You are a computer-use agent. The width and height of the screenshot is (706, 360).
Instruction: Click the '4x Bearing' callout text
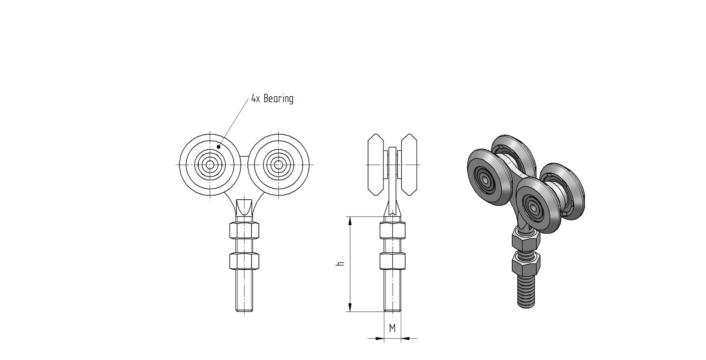coord(272,99)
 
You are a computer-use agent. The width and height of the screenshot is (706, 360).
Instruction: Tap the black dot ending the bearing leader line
coord(218,147)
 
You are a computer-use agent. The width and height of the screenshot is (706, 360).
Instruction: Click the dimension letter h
coord(341,264)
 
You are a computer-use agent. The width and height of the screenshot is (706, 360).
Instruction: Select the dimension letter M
coord(392,328)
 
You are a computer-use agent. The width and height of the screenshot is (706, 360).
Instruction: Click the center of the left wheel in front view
coord(210,165)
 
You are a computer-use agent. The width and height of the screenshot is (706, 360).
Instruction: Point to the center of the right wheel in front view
coord(279,165)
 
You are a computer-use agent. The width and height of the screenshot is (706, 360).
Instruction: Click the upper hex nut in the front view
coord(244,230)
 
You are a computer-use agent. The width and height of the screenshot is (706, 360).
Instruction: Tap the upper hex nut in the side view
coord(392,230)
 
